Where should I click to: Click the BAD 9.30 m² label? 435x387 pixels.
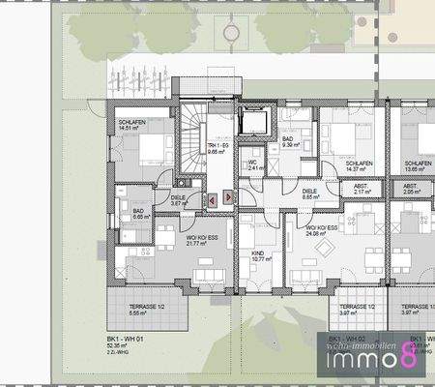[x=289, y=141]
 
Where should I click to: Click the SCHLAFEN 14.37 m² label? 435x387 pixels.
[x=361, y=167]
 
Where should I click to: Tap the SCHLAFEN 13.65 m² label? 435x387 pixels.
[x=418, y=167]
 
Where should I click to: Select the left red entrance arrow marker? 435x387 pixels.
[x=212, y=197]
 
